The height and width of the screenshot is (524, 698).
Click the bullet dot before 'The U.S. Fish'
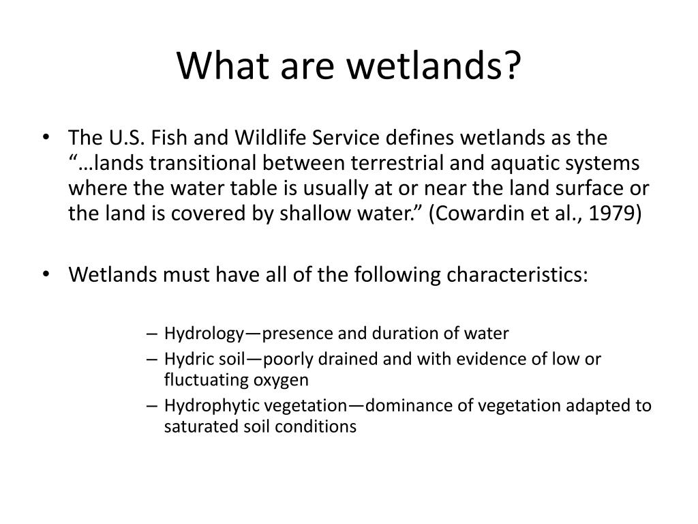[x=46, y=137]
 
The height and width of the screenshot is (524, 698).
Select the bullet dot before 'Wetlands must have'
[x=46, y=274]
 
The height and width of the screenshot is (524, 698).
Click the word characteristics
[x=517, y=274]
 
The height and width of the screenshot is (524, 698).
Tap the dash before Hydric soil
[x=152, y=359]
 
